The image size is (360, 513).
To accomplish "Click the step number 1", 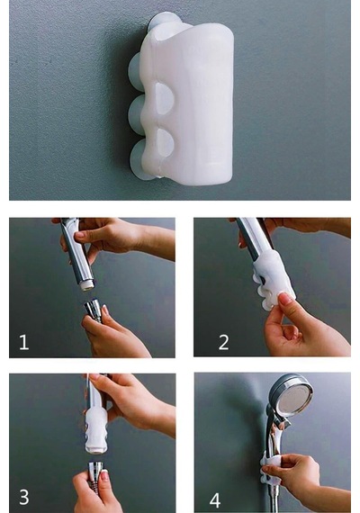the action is click(24, 343).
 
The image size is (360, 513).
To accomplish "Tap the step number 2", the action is click(224, 343).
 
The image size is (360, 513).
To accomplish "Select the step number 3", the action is click(24, 497).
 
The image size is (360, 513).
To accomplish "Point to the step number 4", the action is click(215, 499).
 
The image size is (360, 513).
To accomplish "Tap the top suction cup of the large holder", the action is click(162, 22).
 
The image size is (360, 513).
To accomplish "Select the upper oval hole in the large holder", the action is click(165, 98).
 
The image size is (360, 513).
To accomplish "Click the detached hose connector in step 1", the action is click(94, 310).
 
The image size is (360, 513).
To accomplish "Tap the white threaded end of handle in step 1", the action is click(87, 286).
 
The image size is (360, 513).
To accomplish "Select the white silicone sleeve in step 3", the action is click(96, 429).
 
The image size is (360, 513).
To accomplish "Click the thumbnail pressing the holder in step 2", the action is click(283, 299).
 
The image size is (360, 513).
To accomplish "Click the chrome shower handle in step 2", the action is click(255, 238).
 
